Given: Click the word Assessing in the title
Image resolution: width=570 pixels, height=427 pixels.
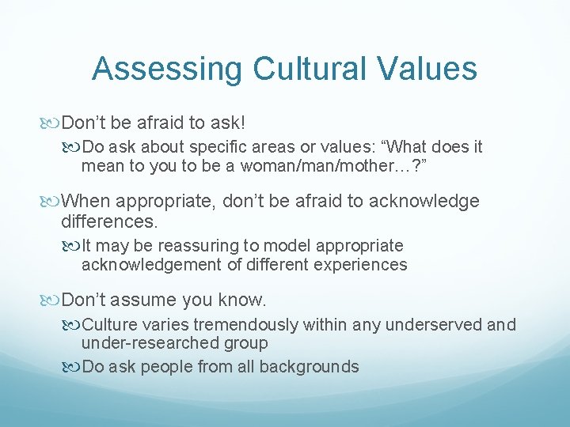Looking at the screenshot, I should [167, 69].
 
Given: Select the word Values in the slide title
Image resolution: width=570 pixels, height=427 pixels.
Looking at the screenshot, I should [431, 69].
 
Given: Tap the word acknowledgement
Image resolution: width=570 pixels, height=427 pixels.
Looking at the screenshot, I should [152, 265].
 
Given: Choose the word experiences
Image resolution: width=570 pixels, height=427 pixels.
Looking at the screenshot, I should [363, 265].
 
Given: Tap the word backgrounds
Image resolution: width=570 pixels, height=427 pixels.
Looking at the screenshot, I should [313, 367].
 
